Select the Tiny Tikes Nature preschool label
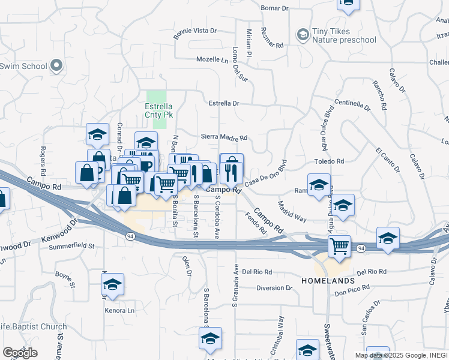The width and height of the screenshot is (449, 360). click(x=344, y=36)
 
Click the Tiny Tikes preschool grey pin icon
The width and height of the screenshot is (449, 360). click(x=303, y=35)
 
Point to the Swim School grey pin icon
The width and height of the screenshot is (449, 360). click(x=57, y=65)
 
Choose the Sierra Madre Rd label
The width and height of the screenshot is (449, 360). click(x=224, y=137)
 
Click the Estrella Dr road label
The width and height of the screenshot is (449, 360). click(x=224, y=103)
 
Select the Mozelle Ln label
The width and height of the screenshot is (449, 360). click(x=214, y=59)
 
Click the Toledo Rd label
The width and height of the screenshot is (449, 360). click(x=330, y=161)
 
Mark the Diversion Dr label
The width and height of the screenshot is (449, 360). click(x=274, y=288)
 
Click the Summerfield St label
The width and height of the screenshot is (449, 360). click(x=72, y=246)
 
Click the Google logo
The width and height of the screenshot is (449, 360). click(x=20, y=352)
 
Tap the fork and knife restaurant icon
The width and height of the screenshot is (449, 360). click(x=231, y=173)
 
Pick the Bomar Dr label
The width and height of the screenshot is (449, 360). click(x=276, y=8)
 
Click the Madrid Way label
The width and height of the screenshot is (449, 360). click(x=292, y=213)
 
